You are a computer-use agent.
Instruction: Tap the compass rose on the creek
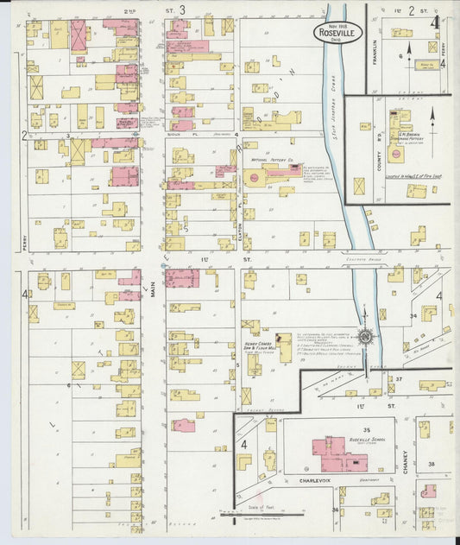(366, 335)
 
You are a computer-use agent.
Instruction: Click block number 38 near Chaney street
(431, 464)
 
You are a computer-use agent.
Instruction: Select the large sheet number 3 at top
(182, 10)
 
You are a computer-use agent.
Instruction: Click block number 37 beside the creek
(400, 379)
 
